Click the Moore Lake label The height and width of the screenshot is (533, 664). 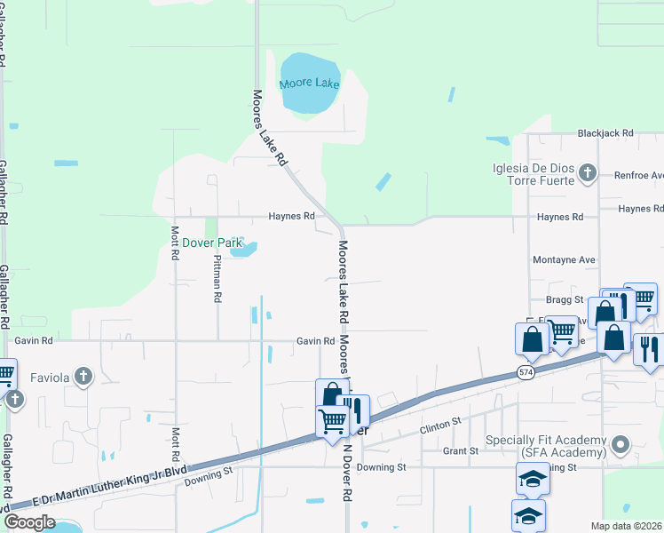(309, 84)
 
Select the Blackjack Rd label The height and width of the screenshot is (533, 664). (605, 133)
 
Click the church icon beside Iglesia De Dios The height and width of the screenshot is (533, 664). (587, 172)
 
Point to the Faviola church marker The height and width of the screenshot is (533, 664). (83, 377)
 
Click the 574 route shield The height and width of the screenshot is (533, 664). (526, 373)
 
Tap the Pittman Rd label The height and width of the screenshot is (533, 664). (217, 278)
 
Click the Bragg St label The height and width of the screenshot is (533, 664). (565, 300)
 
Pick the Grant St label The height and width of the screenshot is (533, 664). (461, 451)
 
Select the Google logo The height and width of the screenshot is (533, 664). (29, 521)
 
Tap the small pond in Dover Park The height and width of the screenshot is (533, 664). (242, 250)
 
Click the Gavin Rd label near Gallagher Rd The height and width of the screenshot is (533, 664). (34, 340)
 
